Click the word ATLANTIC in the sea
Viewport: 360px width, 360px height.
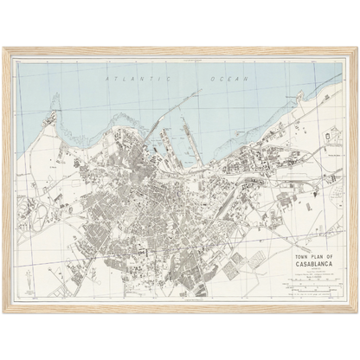125,79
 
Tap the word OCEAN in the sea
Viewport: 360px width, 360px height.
228,79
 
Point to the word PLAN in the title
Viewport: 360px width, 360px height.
300,258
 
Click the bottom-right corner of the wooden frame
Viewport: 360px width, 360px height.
356,312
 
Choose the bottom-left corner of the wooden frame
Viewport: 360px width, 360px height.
4,312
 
